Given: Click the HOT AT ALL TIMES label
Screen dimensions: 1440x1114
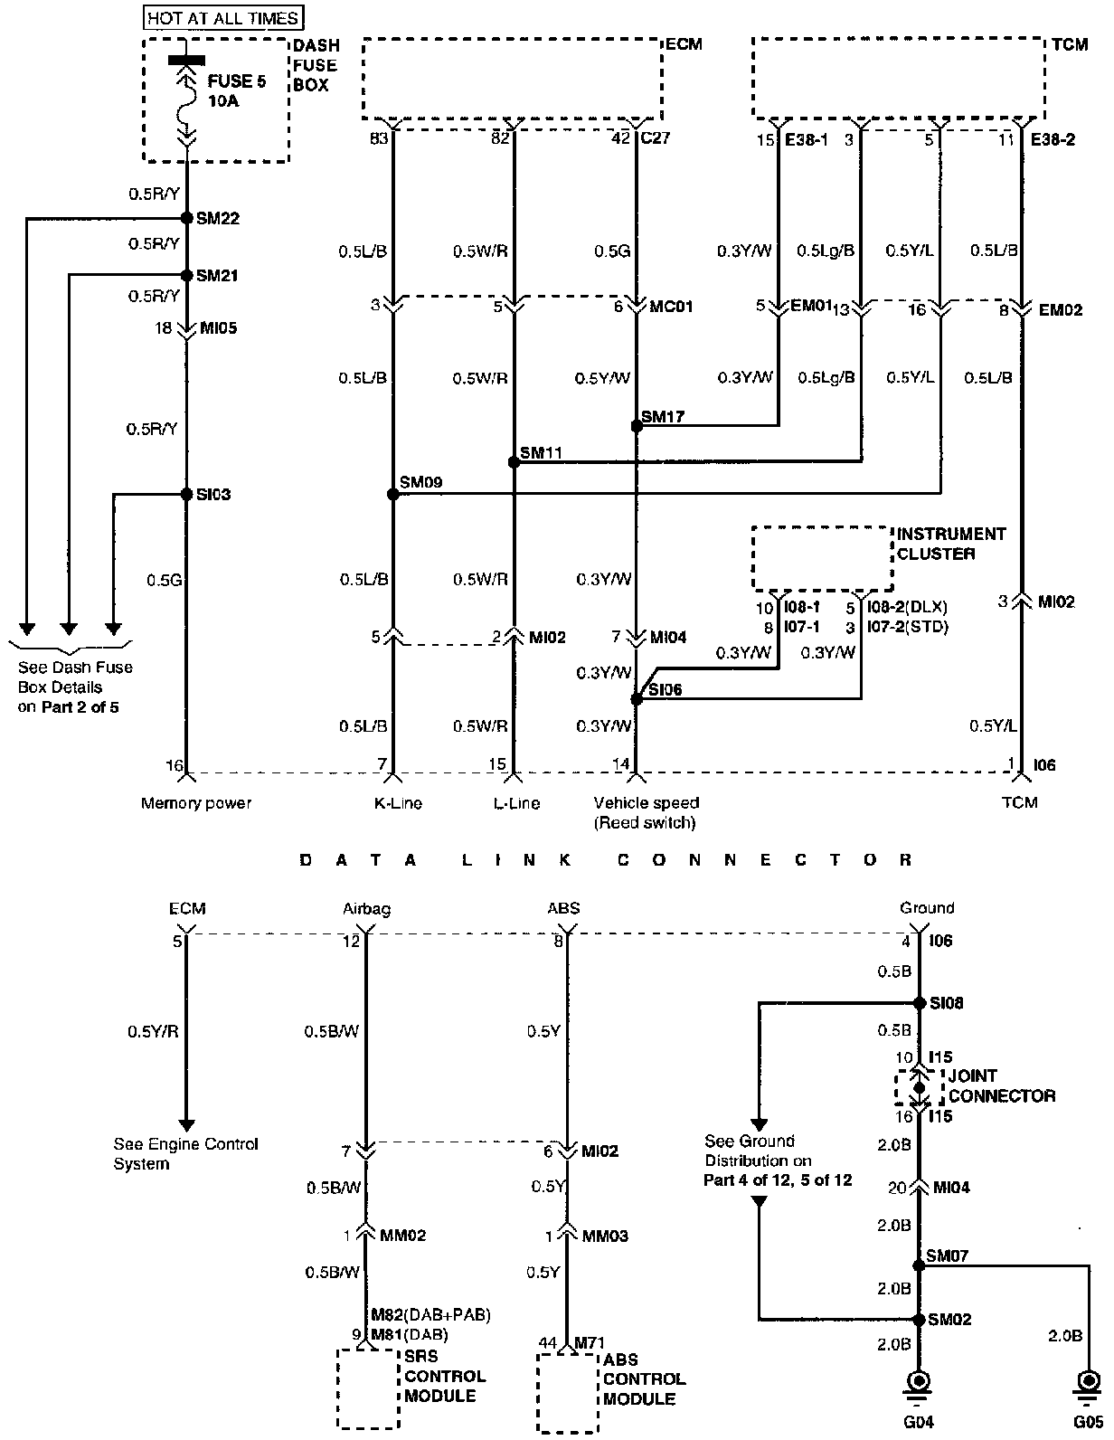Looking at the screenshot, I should tap(222, 18).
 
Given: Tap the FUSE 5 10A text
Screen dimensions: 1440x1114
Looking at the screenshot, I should tap(237, 91).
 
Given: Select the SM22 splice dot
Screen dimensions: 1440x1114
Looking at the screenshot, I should tap(186, 218).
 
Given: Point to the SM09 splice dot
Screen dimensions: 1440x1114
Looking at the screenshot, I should tap(392, 494).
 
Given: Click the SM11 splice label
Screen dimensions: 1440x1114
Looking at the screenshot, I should tap(542, 451).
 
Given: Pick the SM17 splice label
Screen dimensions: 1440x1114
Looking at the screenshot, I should tap(663, 417).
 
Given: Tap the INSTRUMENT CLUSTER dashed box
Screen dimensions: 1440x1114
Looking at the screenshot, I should tap(822, 559).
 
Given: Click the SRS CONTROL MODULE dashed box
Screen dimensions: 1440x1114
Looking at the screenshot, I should tap(368, 1388).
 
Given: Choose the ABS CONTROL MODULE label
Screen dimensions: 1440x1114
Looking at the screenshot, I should tap(644, 1379).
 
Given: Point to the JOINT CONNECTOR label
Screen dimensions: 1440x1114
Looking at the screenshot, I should tap(1000, 1085).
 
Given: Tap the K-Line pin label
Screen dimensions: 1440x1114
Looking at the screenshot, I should tap(398, 802).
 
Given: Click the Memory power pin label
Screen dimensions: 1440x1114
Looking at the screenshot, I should tap(196, 802).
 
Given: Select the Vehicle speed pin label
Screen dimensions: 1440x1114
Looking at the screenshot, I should tap(646, 811).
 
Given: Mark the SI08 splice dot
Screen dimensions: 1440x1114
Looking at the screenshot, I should tap(919, 1003).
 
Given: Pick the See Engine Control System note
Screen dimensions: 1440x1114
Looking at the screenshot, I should tap(185, 1153).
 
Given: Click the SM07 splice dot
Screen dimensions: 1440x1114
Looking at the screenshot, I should tap(919, 1265).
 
